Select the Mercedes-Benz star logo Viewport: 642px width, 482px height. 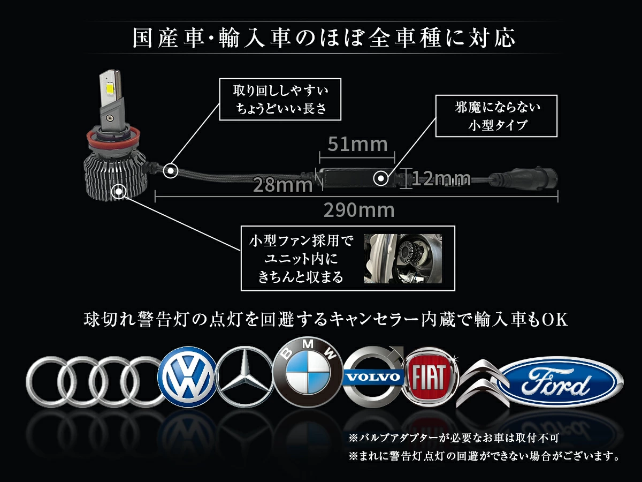pos(244,378)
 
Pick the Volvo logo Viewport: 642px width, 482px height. pos(373,377)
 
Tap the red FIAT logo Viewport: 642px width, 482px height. pos(430,378)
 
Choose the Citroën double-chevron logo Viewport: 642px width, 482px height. pos(483,383)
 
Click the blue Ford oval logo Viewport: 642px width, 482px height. pos(560,382)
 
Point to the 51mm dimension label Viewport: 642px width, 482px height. pos(357,144)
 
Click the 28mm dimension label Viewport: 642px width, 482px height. pos(283,185)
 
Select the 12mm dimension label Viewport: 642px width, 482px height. pos(441,178)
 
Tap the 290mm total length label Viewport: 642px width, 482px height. pos(359,210)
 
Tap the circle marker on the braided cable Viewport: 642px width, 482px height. pos(171,170)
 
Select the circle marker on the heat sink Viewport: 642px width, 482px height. pos(119,191)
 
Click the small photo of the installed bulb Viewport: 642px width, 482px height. pos(403,259)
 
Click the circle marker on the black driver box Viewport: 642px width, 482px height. pos(381,178)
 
